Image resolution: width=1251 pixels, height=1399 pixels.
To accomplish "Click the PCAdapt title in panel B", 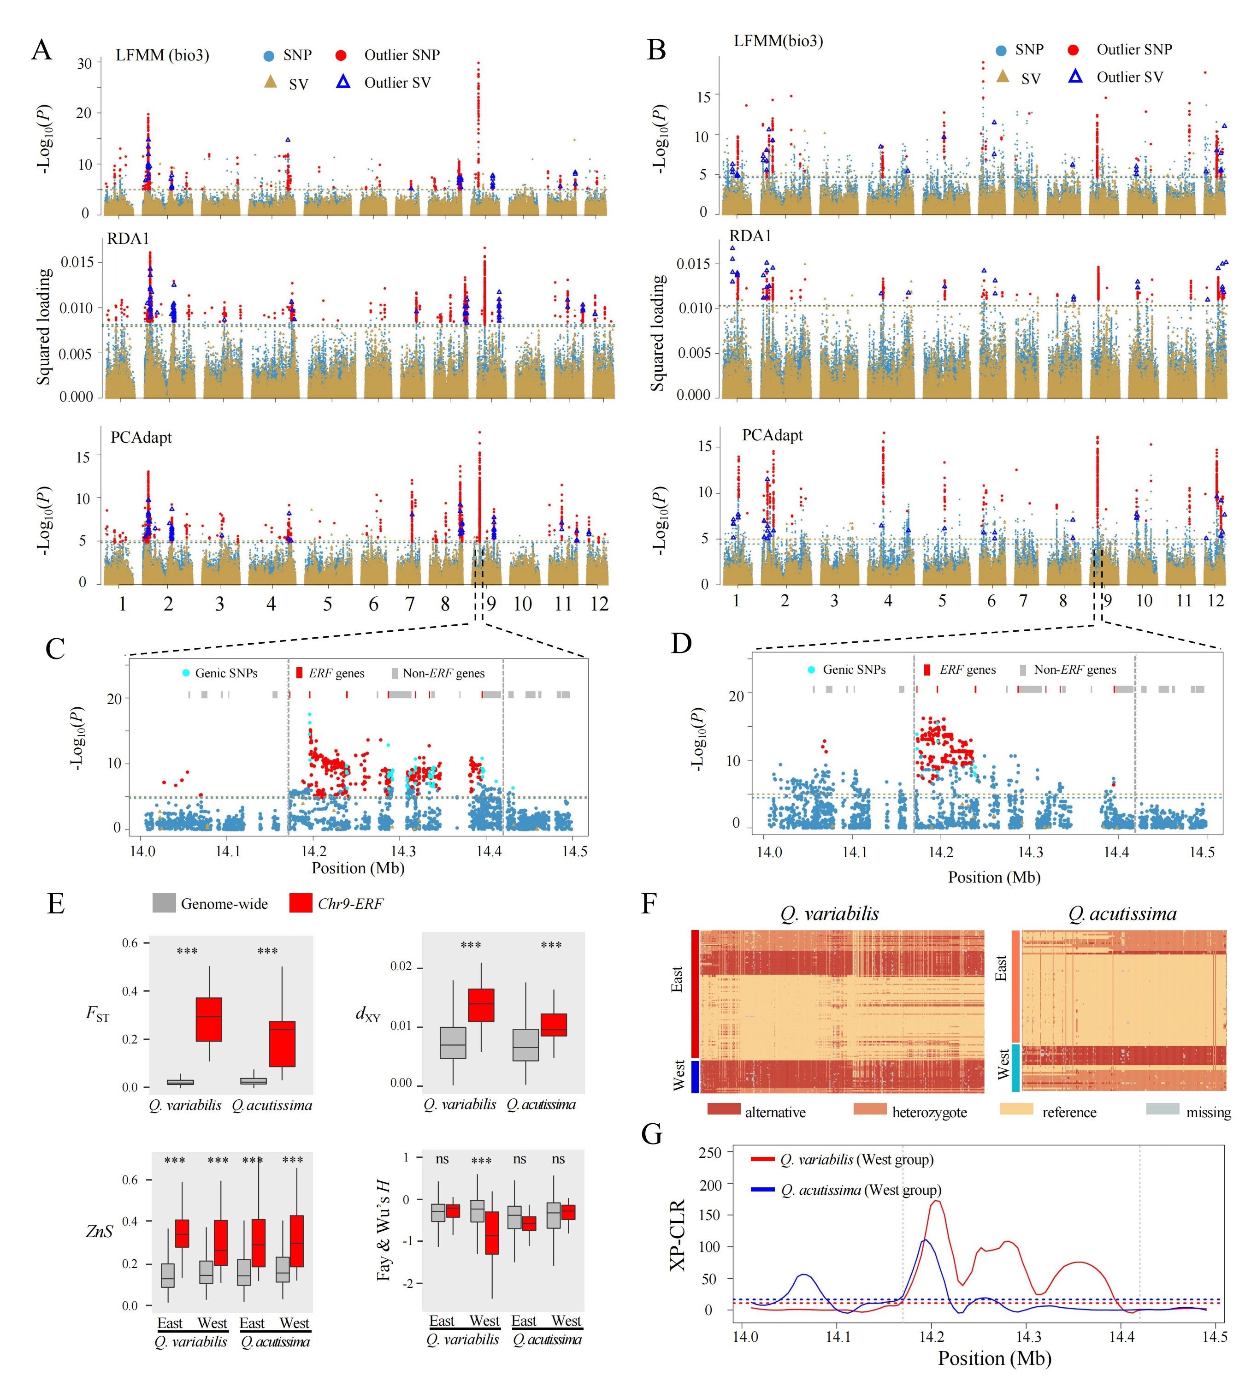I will (773, 435).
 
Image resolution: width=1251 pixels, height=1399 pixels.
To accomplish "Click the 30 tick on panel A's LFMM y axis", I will (84, 63).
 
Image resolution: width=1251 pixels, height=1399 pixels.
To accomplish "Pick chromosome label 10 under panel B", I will (1144, 601).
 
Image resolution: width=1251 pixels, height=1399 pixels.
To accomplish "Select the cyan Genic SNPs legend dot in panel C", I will (186, 672).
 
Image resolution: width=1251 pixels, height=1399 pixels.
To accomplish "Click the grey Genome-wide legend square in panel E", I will (164, 903).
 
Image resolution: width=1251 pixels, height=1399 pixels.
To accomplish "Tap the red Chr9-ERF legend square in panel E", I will (301, 903).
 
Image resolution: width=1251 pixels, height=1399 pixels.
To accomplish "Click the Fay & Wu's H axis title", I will (383, 1230).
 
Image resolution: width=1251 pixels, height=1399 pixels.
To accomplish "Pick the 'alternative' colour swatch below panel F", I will (723, 1109).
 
